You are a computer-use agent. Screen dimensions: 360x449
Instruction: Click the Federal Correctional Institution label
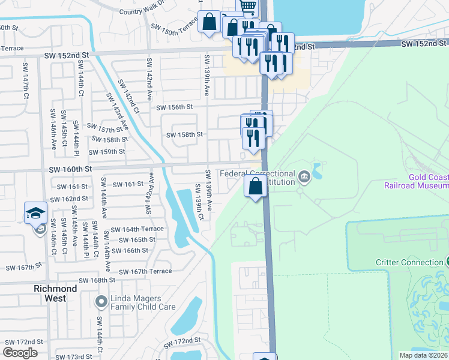pyautogui.click(x=258, y=178)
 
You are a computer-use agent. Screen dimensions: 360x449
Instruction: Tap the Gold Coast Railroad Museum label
pyautogui.click(x=417, y=181)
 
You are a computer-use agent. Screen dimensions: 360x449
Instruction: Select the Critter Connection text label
pyautogui.click(x=408, y=262)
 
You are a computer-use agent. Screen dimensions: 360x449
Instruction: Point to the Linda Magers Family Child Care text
pyautogui.click(x=143, y=302)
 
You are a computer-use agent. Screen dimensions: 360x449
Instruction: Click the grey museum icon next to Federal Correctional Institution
pyautogui.click(x=305, y=176)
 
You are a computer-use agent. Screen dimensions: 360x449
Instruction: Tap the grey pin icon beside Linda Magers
pyautogui.click(x=101, y=299)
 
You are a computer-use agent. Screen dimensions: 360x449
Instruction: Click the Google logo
pyautogui.click(x=20, y=353)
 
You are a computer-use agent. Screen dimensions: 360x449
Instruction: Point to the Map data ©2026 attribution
pyautogui.click(x=423, y=355)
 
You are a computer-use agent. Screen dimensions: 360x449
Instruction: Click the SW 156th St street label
pyautogui.click(x=174, y=107)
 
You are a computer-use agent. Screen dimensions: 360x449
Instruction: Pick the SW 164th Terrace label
pyautogui.click(x=137, y=229)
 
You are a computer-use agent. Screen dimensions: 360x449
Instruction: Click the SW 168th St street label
pyautogui.click(x=95, y=280)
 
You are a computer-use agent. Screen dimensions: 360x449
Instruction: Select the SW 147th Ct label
pyautogui.click(x=26, y=90)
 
